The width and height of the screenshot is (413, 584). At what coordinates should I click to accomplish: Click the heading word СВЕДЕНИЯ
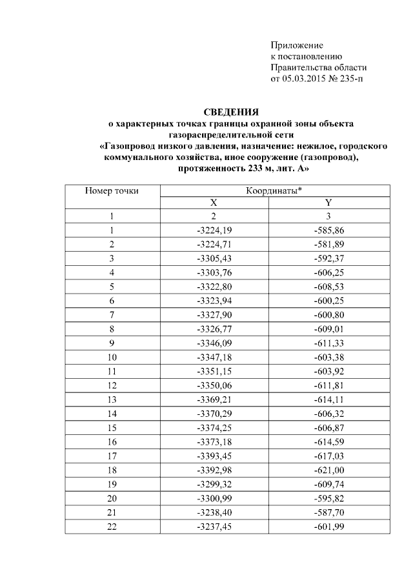231,112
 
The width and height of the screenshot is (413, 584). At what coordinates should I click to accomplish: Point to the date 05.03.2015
306,79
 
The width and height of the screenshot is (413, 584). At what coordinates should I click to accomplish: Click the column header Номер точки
112,190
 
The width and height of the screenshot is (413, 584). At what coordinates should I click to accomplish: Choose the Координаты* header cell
274,190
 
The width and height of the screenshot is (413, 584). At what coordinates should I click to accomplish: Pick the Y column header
328,203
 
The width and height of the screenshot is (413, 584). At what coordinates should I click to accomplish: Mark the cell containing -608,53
328,286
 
